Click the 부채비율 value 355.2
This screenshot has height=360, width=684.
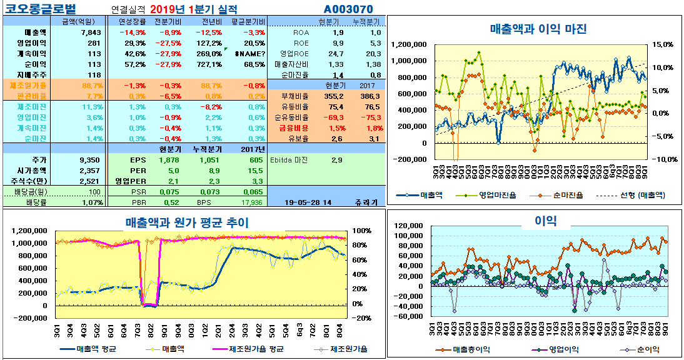click(x=334, y=96)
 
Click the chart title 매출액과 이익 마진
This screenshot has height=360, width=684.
click(x=538, y=29)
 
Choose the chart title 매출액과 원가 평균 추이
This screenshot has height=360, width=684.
click(x=187, y=222)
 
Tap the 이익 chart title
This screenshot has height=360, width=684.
click(x=545, y=220)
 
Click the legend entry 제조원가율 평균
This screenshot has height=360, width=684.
click(x=256, y=349)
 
